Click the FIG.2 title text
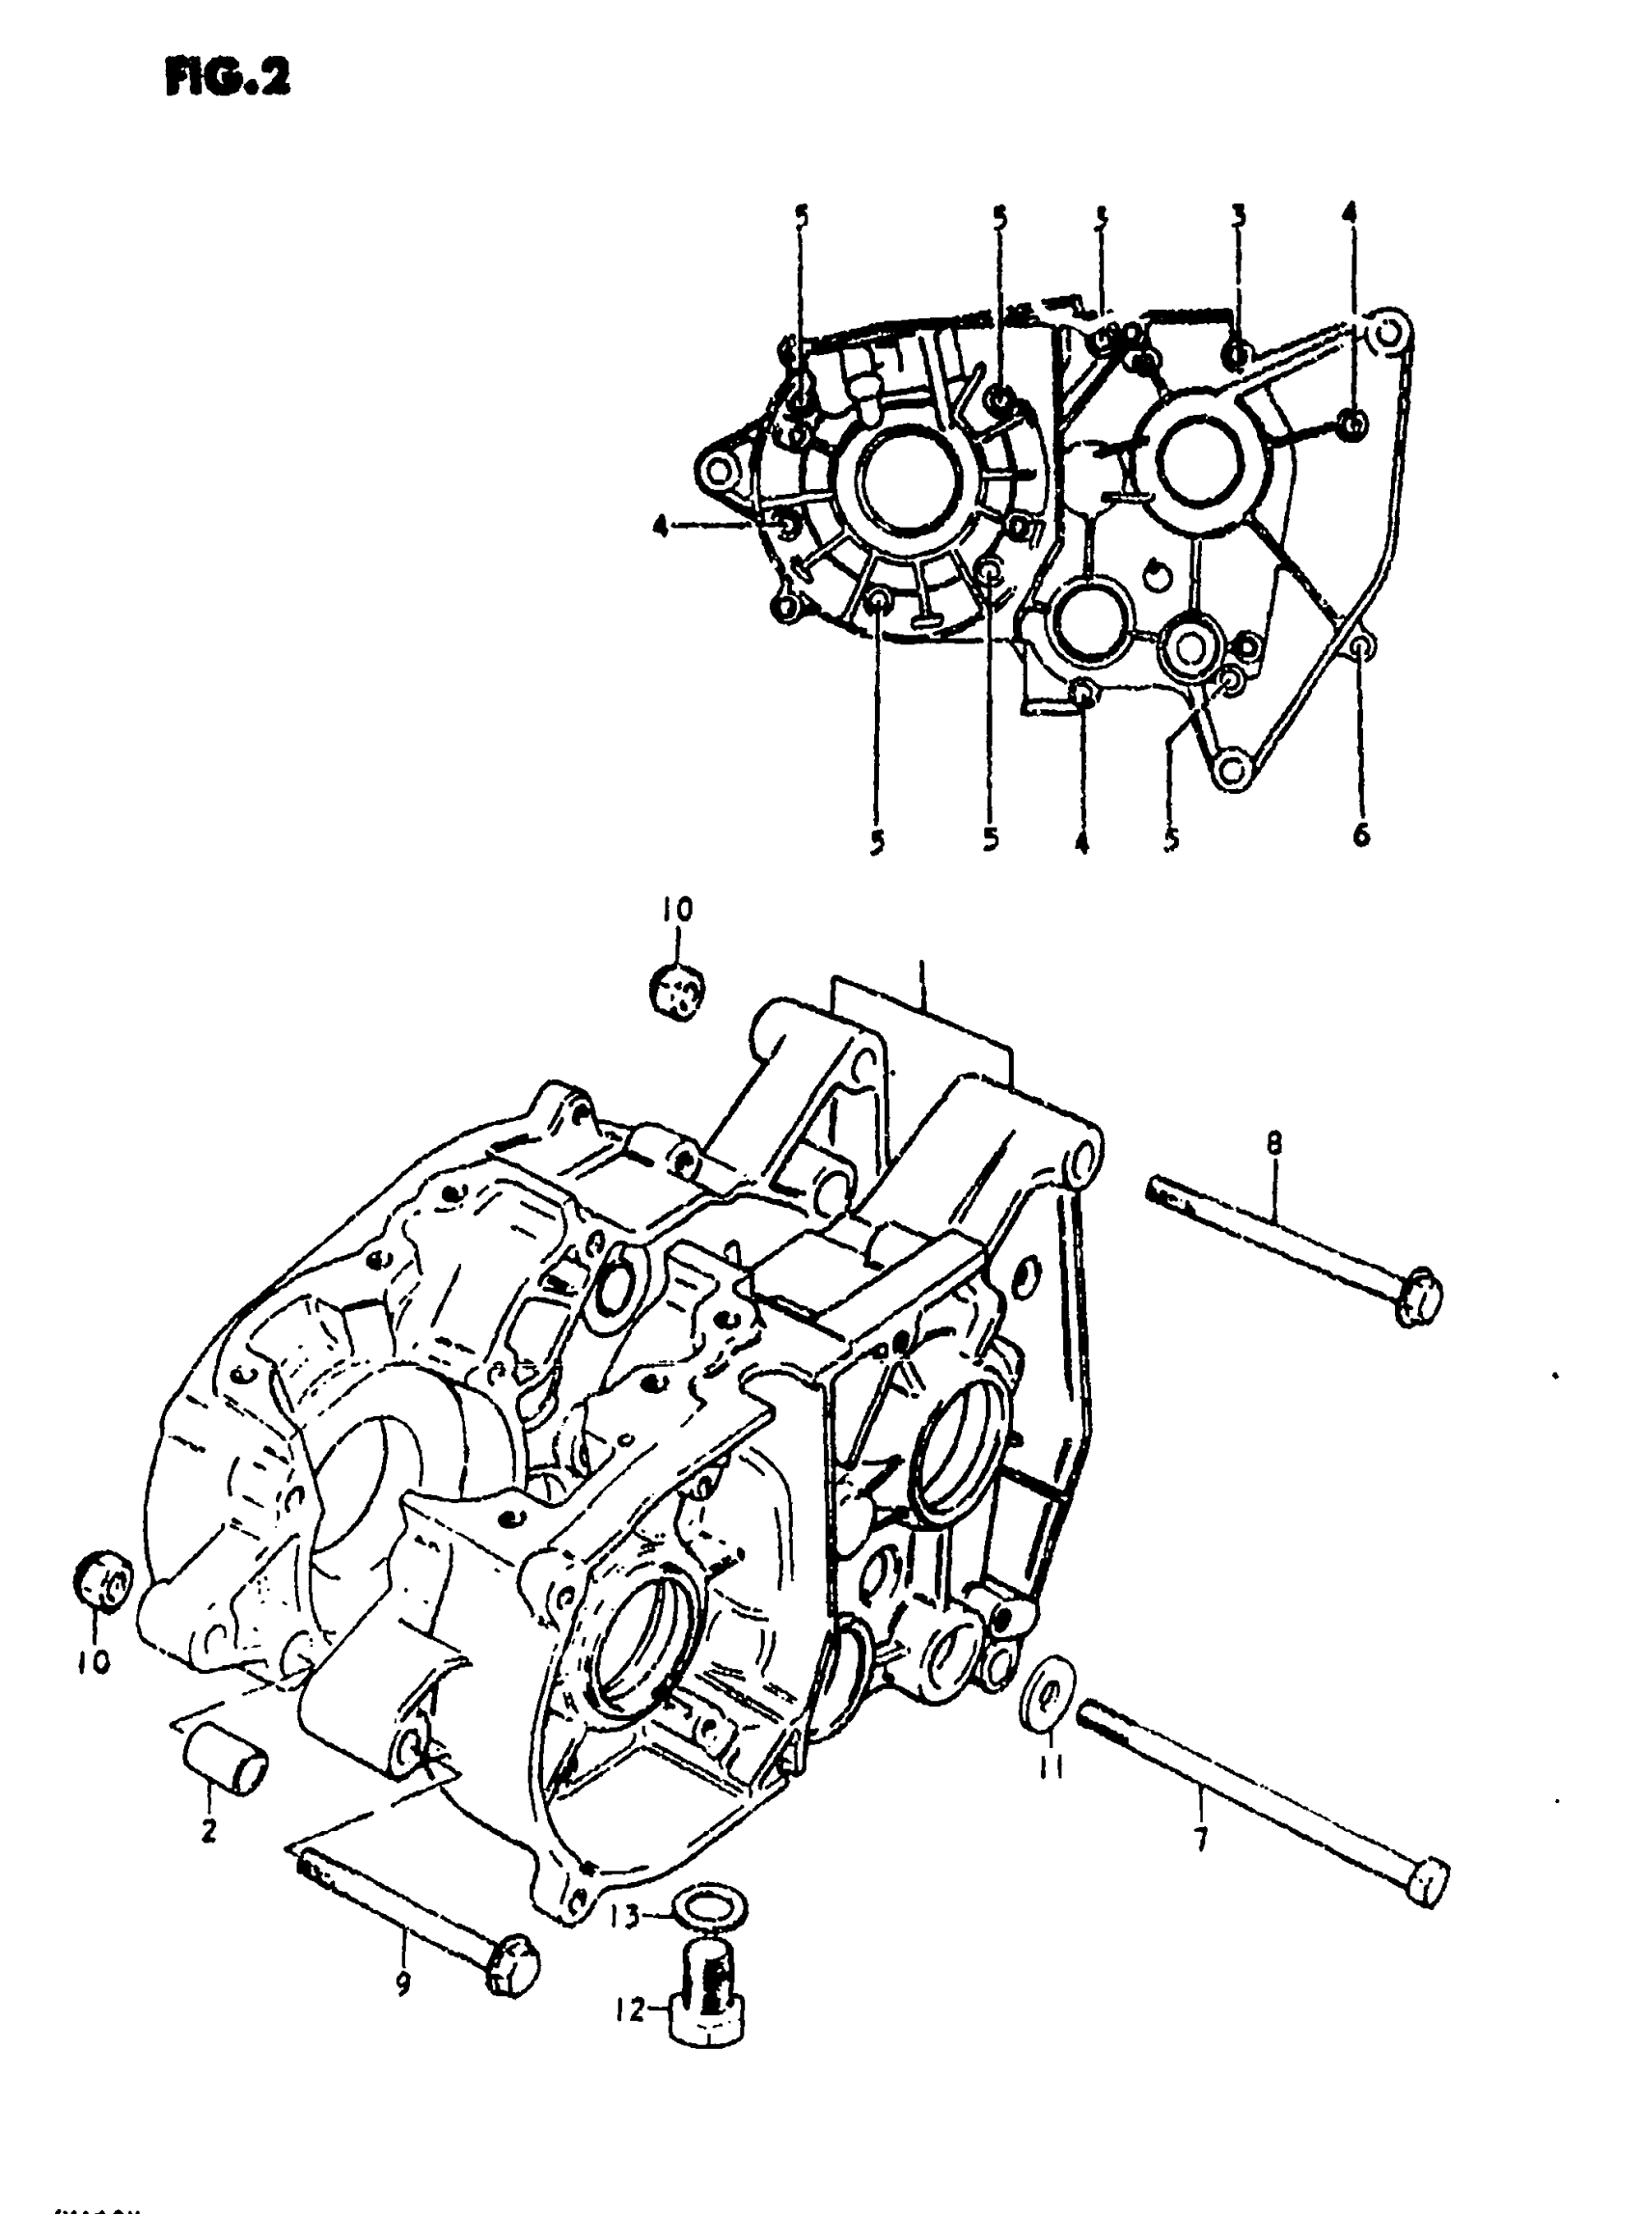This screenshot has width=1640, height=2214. pyautogui.click(x=228, y=76)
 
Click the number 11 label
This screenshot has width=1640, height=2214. pyautogui.click(x=1052, y=1765)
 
